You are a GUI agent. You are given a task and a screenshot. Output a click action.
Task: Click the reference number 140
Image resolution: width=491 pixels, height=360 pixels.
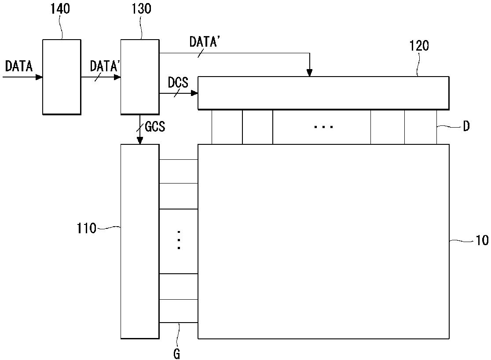[60, 9]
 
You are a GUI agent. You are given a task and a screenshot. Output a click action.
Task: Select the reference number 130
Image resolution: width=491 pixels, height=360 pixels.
[141, 9]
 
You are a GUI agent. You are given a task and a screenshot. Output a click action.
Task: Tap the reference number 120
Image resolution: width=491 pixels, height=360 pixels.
[419, 46]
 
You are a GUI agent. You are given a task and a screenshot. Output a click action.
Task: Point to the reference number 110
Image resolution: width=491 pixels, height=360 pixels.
[86, 228]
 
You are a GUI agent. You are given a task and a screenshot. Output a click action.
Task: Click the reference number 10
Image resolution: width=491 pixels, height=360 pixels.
[482, 240]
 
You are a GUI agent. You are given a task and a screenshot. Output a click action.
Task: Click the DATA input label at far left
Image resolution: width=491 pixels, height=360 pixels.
[19, 66]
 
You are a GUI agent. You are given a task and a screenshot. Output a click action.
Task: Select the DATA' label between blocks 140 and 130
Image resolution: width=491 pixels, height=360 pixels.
[106, 66]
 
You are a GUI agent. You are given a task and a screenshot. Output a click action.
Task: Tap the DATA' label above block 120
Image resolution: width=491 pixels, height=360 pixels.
[205, 42]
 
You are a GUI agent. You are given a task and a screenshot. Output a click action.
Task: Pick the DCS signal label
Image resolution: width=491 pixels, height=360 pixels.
[178, 82]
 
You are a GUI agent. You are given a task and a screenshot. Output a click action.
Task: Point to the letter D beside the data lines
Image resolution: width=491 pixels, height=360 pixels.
[466, 127]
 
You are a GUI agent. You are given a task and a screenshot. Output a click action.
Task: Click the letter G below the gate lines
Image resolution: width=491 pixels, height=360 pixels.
[177, 354]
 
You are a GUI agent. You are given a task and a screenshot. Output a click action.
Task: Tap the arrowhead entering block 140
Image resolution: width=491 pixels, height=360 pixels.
[40, 77]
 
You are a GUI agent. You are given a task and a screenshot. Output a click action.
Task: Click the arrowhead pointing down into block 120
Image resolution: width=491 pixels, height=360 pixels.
[310, 73]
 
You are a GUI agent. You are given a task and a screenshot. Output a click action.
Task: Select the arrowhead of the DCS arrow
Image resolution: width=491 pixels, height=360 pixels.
[194, 93]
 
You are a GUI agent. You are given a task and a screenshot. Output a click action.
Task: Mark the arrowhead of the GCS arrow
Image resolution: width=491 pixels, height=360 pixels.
[140, 141]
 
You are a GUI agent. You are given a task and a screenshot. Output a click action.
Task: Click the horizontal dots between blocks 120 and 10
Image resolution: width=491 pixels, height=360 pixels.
[323, 127]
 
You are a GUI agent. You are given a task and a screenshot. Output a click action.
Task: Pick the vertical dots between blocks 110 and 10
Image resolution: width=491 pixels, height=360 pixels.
[179, 240]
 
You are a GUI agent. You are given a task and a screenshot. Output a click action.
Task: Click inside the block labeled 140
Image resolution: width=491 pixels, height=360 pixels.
[62, 77]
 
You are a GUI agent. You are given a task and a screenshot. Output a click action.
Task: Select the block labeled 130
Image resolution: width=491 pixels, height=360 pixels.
[140, 77]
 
